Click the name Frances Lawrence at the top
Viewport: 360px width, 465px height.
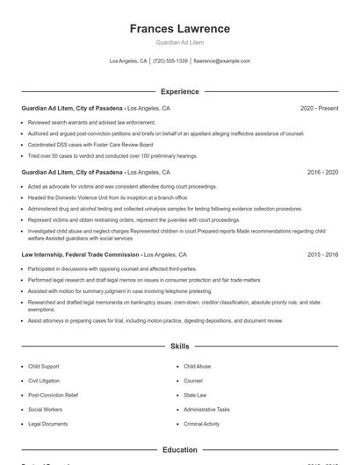click(x=180, y=29)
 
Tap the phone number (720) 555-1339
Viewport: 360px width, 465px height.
click(x=170, y=61)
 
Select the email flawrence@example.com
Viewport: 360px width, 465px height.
click(x=221, y=61)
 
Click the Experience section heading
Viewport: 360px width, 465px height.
click(x=180, y=91)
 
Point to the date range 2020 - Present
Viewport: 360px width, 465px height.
click(x=319, y=108)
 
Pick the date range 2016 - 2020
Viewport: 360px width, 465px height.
click(x=322, y=172)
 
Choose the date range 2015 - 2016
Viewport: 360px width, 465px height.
click(x=322, y=254)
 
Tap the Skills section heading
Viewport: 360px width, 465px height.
click(x=180, y=347)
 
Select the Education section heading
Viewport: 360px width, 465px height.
click(x=180, y=449)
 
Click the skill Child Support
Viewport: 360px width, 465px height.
click(x=45, y=366)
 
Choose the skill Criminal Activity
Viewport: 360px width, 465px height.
click(x=202, y=424)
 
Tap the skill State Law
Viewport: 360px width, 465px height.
click(x=195, y=395)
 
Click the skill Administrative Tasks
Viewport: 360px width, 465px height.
click(x=206, y=409)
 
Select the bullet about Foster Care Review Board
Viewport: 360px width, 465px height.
click(x=90, y=145)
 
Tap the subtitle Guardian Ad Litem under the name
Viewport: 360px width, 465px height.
click(x=180, y=42)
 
